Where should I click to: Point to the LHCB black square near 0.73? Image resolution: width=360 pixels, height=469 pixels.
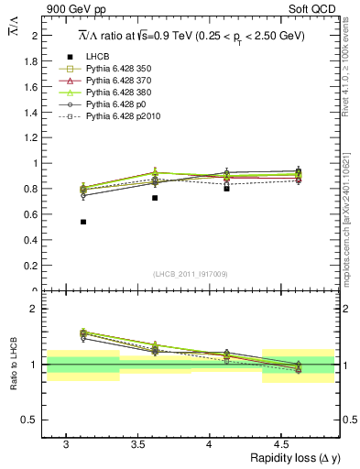(155, 198)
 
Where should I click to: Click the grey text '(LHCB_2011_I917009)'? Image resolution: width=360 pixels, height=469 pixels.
(191, 275)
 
